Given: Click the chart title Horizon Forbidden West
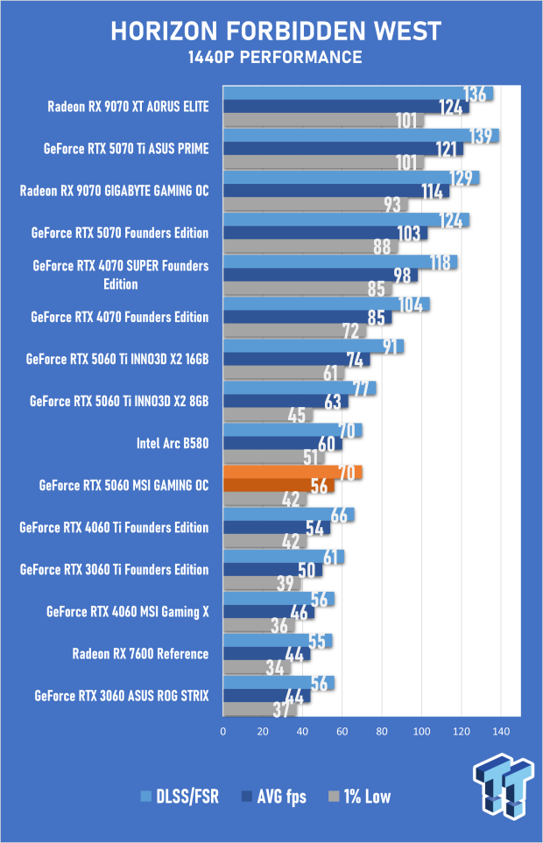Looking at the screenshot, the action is pyautogui.click(x=276, y=32).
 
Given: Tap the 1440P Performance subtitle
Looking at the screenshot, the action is pyautogui.click(x=275, y=57).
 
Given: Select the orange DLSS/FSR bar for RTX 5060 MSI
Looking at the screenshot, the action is pyautogui.click(x=293, y=472).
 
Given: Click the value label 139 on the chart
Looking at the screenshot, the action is pyautogui.click(x=480, y=136).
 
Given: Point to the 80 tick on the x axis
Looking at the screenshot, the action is pyautogui.click(x=382, y=731).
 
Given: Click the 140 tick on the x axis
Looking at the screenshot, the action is pyautogui.click(x=501, y=731).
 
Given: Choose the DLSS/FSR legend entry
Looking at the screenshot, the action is pyautogui.click(x=180, y=797).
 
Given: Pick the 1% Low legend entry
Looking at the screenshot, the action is pyautogui.click(x=360, y=797).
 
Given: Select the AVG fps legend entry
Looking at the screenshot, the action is pyautogui.click(x=274, y=797).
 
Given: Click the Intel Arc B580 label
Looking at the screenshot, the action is pyautogui.click(x=173, y=443).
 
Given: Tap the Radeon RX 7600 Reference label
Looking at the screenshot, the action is pyautogui.click(x=140, y=654).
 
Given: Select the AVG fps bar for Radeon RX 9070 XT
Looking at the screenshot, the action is pyautogui.click(x=346, y=107).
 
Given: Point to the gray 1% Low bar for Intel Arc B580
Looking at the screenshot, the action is pyautogui.click(x=273, y=457).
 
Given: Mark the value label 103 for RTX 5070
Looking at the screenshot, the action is pyautogui.click(x=409, y=234).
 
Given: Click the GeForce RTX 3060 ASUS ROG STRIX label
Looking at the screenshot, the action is pyautogui.click(x=122, y=696).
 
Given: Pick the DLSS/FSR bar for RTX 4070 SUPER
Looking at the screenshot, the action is pyautogui.click(x=341, y=262).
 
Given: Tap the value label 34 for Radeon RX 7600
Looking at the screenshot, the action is pyautogui.click(x=275, y=667).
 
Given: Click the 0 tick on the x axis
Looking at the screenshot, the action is pyautogui.click(x=223, y=731).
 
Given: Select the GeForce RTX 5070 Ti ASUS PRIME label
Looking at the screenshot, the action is pyautogui.click(x=126, y=149).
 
